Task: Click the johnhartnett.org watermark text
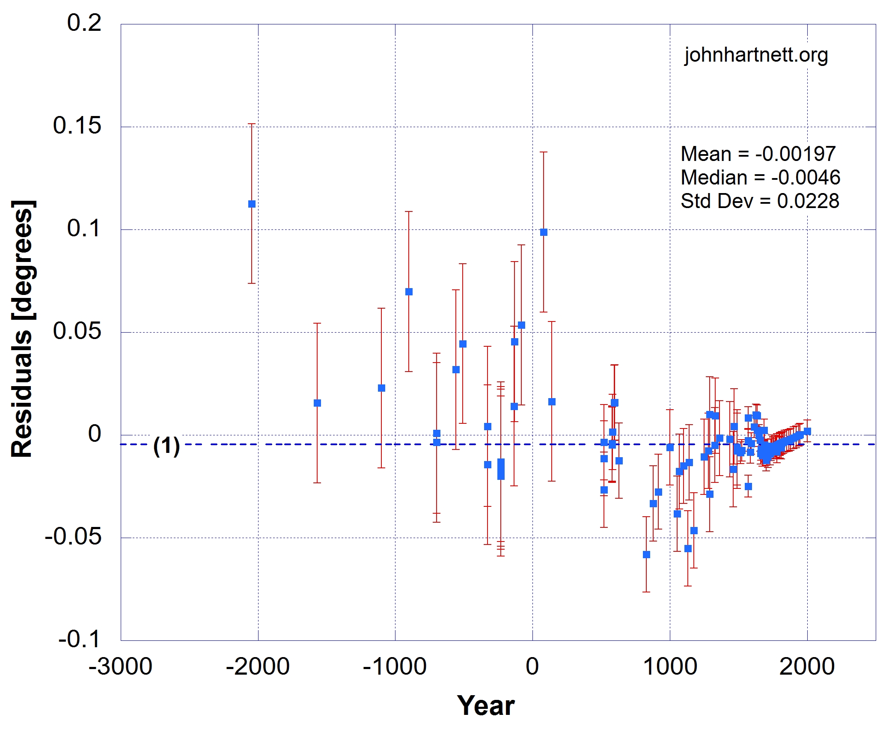[756, 56]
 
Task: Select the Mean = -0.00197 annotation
[758, 154]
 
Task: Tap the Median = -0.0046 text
[761, 178]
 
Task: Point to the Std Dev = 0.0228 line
[760, 201]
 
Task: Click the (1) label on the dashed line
[166, 446]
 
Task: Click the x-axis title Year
[486, 705]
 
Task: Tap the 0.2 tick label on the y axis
[84, 23]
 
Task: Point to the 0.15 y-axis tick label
[77, 125]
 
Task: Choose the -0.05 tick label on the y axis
[73, 536]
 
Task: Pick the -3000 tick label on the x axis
[120, 667]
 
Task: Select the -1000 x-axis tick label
[395, 667]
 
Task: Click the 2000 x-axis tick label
[807, 667]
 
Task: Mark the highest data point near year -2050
[252, 204]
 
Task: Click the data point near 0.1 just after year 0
[544, 232]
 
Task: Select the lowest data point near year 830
[646, 554]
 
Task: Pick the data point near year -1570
[317, 403]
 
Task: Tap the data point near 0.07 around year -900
[409, 292]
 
